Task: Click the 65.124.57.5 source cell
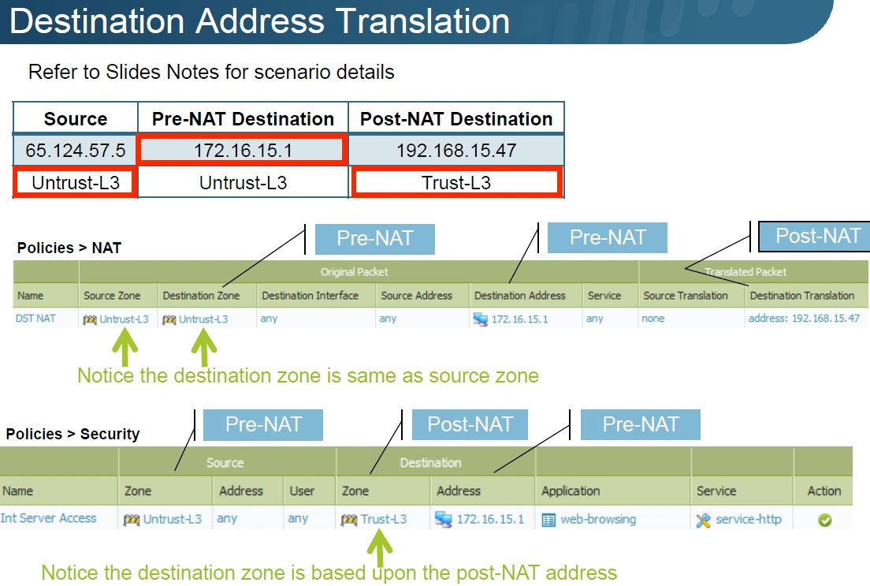pos(76,151)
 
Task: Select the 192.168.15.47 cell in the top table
pos(455,151)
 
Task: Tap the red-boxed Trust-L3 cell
pos(456,183)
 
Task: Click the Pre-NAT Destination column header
pos(243,119)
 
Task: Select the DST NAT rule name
pos(35,319)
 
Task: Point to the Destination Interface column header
pos(310,296)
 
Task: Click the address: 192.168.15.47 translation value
pos(804,319)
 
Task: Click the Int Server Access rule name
pos(49,518)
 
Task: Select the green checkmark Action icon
pos(824,520)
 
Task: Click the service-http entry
pos(748,520)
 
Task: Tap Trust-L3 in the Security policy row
pos(383,519)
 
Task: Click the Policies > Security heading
pos(72,434)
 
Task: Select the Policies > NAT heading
pos(69,248)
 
